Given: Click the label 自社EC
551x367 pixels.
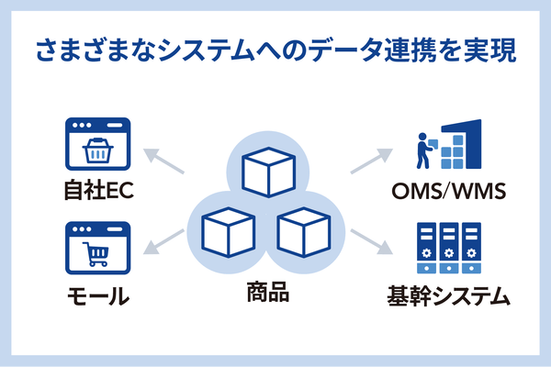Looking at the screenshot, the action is (x=99, y=190).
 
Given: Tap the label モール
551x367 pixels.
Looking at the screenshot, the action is (x=98, y=295).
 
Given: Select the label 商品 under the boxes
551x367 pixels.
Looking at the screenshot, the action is (x=268, y=292).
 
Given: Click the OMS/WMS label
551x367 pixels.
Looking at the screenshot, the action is (x=449, y=192).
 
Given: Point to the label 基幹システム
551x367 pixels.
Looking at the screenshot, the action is (x=448, y=296).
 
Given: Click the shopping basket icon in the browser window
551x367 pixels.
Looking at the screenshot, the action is (x=97, y=150).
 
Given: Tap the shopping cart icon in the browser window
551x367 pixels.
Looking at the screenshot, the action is (x=96, y=254).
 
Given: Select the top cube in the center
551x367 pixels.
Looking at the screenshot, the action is (x=268, y=172).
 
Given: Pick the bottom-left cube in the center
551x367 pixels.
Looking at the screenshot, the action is (x=228, y=232).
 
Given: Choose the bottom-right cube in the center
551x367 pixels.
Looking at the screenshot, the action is (x=304, y=232).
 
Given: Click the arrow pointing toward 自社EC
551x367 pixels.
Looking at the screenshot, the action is (x=163, y=161).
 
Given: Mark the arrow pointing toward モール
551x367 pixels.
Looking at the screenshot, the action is (x=163, y=241).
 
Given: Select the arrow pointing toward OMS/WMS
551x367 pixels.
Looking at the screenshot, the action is (x=371, y=161).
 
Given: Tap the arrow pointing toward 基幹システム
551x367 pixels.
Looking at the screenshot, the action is (x=371, y=241).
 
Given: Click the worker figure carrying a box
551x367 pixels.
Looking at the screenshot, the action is (x=424, y=150).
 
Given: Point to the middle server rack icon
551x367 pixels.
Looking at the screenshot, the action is (x=449, y=248).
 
